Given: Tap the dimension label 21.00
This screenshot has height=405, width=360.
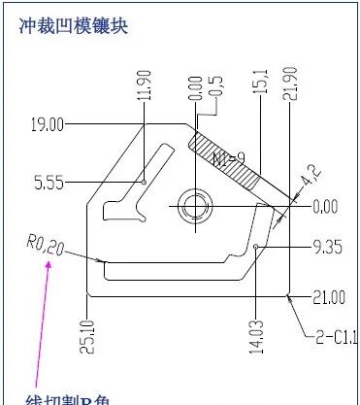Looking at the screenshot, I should pos(327,296).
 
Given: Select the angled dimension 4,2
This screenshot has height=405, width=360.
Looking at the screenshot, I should pos(310,183).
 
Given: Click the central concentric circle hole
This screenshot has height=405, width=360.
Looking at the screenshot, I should pos(194,205).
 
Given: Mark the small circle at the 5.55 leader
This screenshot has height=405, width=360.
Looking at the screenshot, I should pos(144,181).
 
